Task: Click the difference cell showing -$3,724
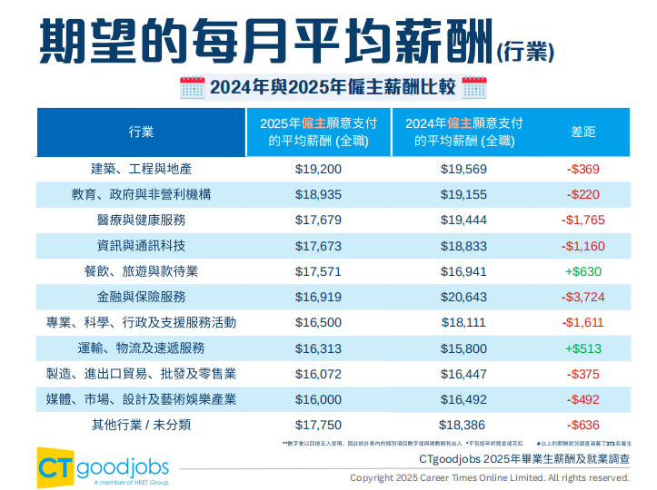[583, 297]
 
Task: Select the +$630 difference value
[583, 271]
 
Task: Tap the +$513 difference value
[583, 348]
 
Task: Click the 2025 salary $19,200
[319, 170]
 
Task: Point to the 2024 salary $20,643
[463, 297]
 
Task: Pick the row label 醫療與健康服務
[141, 220]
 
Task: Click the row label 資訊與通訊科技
[141, 246]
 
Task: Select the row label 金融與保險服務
[141, 297]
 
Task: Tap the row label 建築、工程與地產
[141, 170]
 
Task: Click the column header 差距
[583, 132]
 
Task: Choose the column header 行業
[141, 132]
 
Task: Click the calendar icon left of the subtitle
[192, 88]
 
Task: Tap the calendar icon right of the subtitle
[474, 88]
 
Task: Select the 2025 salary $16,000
[319, 398]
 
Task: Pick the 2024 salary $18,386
[463, 424]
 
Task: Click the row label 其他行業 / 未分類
[141, 424]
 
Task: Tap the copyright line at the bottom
[489, 477]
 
